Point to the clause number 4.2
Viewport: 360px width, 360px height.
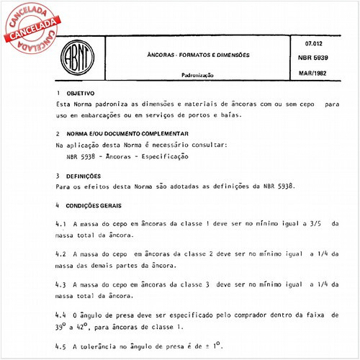60,254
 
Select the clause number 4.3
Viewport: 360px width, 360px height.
60,284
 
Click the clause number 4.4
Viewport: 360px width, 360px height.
60,315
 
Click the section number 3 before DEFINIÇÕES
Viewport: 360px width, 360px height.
58,175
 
